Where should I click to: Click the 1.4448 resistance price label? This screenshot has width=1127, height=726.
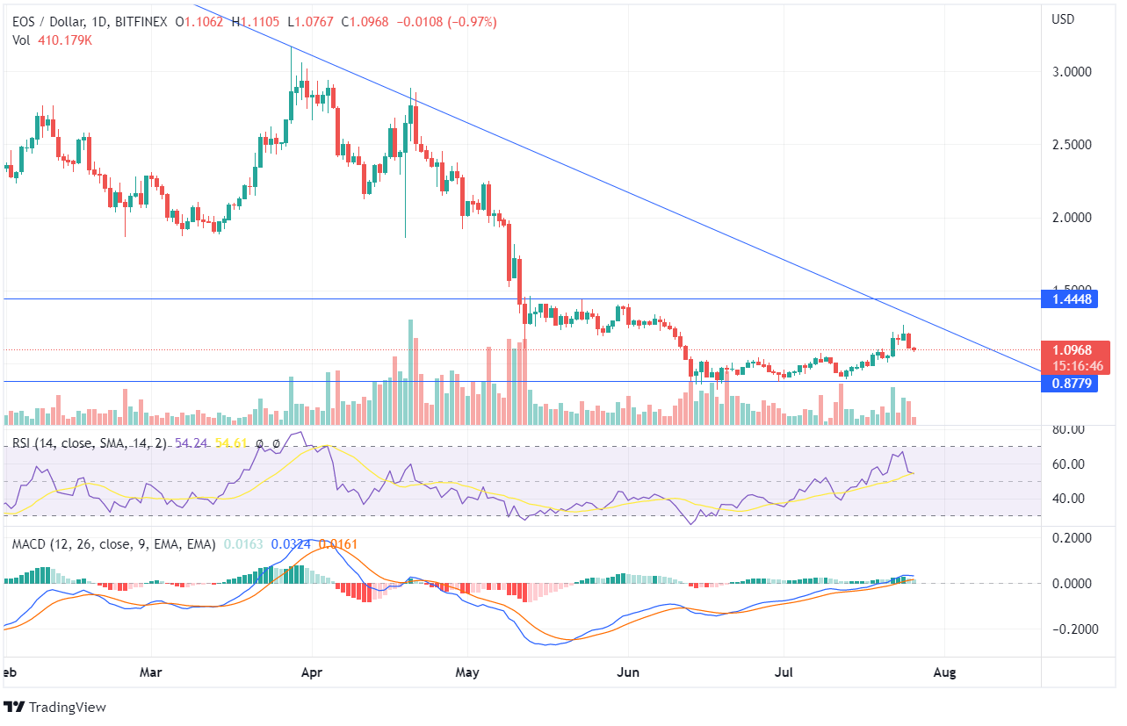pyautogui.click(x=1069, y=299)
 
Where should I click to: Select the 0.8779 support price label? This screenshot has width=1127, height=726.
pyautogui.click(x=1069, y=383)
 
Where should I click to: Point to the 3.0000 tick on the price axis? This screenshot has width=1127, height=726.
pyautogui.click(x=1070, y=72)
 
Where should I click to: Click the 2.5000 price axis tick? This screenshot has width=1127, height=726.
pyautogui.click(x=1070, y=145)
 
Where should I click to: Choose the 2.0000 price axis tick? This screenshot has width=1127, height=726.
pyautogui.click(x=1070, y=218)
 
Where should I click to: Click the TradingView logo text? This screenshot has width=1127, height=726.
pyautogui.click(x=68, y=707)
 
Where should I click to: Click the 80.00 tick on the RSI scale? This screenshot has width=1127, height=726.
pyautogui.click(x=1068, y=429)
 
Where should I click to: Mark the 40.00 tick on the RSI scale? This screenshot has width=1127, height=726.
pyautogui.click(x=1068, y=499)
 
